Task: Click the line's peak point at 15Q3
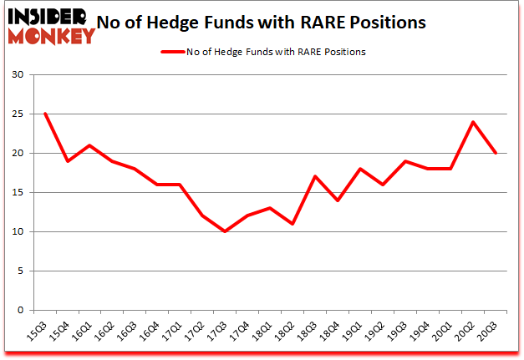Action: click(44, 114)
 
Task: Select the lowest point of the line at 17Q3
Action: click(224, 231)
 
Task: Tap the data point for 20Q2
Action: click(472, 122)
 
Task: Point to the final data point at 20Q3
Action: click(495, 153)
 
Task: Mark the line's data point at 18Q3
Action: click(314, 176)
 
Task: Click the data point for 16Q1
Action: click(89, 145)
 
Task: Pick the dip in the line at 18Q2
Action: click(292, 224)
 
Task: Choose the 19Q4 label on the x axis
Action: click(421, 332)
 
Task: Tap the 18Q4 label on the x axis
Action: click(331, 332)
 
